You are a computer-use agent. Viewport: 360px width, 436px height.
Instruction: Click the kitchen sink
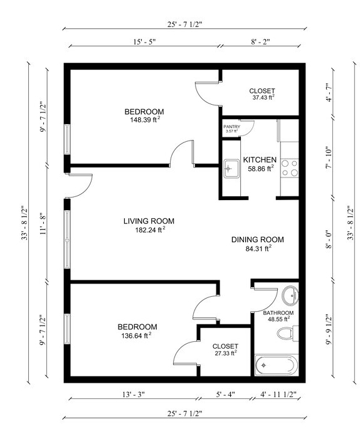click(231, 169)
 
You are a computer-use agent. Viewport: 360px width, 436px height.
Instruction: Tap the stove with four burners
click(290, 168)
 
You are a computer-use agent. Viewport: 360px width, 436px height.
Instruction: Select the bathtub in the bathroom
click(277, 365)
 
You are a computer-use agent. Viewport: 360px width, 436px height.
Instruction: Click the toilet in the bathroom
click(287, 333)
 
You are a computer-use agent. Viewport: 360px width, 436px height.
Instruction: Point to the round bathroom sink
click(290, 295)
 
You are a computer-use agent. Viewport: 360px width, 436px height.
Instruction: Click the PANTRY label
click(232, 127)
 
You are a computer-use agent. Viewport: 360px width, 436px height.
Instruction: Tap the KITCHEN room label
click(260, 160)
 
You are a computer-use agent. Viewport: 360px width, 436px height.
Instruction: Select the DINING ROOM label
click(258, 240)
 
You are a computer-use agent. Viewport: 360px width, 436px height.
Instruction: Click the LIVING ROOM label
click(149, 221)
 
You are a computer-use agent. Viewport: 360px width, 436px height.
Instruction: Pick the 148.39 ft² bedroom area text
click(145, 120)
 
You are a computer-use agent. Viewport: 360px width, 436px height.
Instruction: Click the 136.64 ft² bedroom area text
click(136, 336)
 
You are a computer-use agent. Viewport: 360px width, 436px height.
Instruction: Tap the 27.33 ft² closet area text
click(226, 353)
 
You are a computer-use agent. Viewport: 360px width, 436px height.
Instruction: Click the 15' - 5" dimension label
click(144, 42)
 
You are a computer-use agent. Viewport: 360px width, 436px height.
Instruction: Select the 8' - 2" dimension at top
click(260, 42)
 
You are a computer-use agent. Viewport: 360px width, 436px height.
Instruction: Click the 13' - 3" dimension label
click(134, 395)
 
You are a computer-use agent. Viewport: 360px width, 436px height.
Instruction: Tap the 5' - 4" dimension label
click(225, 395)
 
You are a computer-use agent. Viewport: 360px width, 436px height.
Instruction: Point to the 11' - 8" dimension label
click(44, 224)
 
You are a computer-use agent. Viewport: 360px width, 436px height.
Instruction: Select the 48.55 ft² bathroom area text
click(279, 319)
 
